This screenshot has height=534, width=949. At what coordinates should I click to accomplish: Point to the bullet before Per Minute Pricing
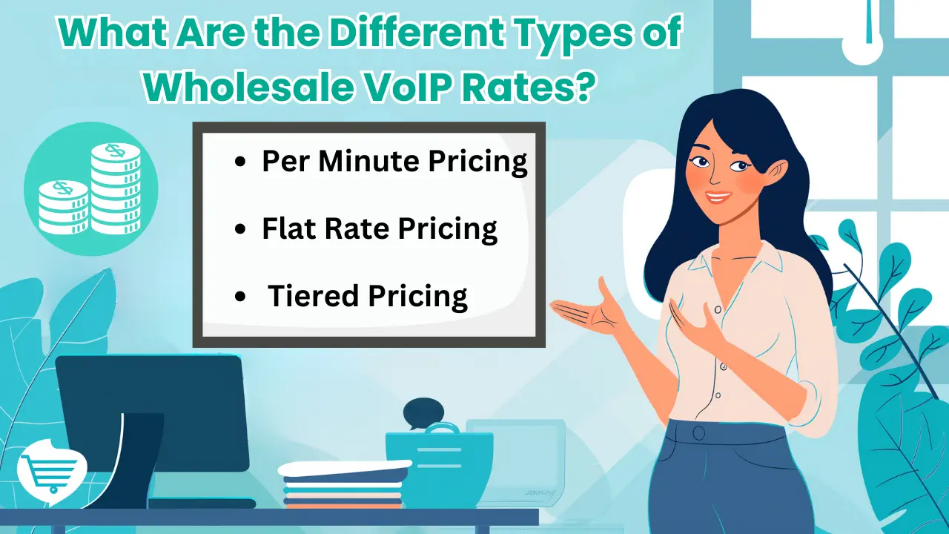pyautogui.click(x=240, y=164)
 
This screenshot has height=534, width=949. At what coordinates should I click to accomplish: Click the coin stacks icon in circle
pyautogui.click(x=90, y=188)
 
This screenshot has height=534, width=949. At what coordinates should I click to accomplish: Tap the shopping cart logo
pyautogui.click(x=51, y=470)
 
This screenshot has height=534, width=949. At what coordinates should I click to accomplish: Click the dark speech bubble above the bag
pyautogui.click(x=423, y=412)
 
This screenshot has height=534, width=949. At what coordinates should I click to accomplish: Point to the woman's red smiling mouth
pyautogui.click(x=717, y=197)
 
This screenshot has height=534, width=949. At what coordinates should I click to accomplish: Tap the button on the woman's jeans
pyautogui.click(x=698, y=432)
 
